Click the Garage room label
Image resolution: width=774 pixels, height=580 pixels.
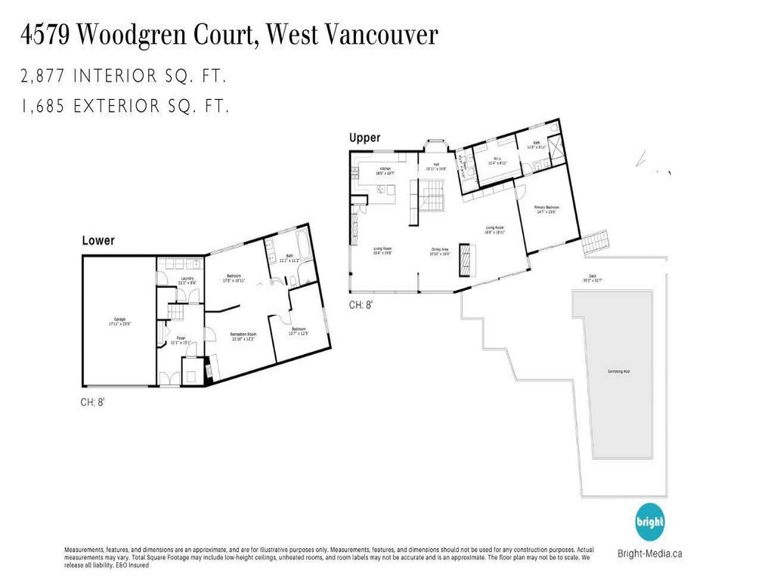[x=119, y=322]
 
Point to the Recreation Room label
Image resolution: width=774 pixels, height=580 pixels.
[x=243, y=335]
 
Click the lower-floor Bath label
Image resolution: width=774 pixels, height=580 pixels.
[x=289, y=258]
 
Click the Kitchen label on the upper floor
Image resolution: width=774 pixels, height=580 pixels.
[x=385, y=170]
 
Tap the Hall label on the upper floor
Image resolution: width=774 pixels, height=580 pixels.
[x=437, y=167]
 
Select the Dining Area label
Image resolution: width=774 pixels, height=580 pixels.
[x=440, y=252]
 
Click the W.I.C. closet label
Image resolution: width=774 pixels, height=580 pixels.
[x=497, y=161]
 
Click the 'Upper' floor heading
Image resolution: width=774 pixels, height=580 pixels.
[x=364, y=138]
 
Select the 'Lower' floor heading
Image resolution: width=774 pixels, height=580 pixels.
[x=98, y=241]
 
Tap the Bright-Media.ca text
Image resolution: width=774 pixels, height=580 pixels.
[x=649, y=553]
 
